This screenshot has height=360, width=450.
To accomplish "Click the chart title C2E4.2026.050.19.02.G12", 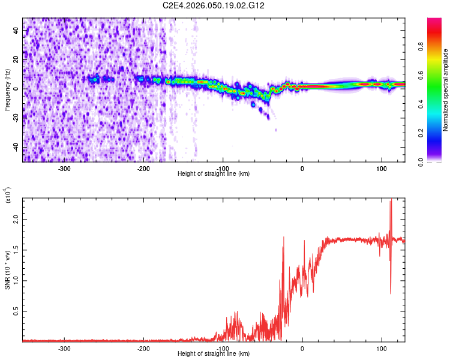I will (214, 5).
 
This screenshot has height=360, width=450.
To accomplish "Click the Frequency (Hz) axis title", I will (7, 90).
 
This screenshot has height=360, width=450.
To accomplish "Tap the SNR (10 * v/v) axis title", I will (7, 269).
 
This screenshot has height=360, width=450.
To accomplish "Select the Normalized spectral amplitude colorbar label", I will (446, 90).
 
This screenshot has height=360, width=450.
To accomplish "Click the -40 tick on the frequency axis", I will (15, 148).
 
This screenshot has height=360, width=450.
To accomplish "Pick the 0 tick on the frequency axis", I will (18, 89).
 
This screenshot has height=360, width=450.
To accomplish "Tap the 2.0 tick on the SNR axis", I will (16, 220).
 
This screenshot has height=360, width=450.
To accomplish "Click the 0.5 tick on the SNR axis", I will (16, 311).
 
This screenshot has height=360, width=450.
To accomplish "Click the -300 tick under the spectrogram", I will (65, 168).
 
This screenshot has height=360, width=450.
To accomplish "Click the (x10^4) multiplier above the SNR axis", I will (8, 196).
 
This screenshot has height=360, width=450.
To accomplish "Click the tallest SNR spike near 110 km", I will (391, 200).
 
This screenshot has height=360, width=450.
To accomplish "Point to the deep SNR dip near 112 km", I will (391, 293).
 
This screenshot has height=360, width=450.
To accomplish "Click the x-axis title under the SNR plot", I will (214, 354).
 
